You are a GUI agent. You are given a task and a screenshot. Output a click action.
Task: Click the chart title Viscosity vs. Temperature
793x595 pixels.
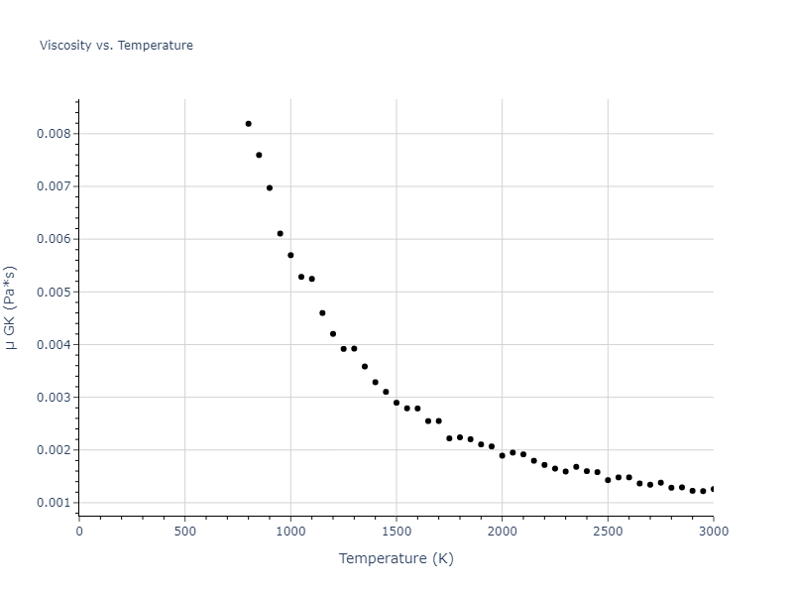[116, 46]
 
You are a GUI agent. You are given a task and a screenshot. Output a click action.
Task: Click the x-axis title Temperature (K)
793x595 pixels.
[396, 558]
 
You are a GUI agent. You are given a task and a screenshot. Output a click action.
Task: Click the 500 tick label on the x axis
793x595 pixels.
[184, 531]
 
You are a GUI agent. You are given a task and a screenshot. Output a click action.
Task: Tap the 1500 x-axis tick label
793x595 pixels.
[396, 531]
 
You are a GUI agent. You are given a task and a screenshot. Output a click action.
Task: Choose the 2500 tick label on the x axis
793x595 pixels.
[608, 531]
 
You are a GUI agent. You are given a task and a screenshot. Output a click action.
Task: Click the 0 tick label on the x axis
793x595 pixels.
[79, 531]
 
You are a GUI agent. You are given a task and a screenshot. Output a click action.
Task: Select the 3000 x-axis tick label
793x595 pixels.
[713, 531]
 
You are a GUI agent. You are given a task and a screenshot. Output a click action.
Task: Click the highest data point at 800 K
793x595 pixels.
[249, 124]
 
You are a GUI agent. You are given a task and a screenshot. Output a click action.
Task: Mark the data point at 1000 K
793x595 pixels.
[290, 255]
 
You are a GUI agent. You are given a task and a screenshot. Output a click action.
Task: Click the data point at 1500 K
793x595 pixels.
[396, 403]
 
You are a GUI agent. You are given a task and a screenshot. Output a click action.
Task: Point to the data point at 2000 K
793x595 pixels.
[502, 455]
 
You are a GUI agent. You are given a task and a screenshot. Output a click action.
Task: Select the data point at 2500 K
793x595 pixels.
[608, 480]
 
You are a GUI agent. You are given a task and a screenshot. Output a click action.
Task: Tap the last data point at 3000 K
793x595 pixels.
[713, 489]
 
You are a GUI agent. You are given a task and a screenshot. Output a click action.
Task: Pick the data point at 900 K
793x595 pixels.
[270, 187]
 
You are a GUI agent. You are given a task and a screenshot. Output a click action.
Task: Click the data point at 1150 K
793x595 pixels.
[322, 312]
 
